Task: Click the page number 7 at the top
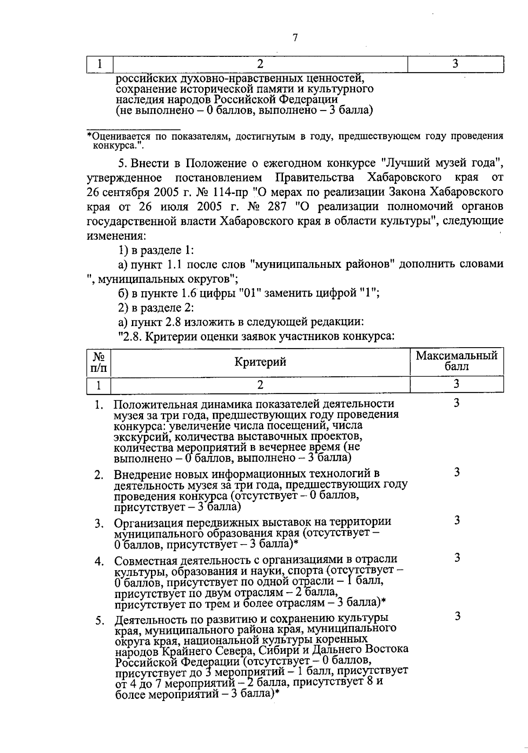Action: click(x=295, y=38)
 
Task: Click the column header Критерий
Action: click(x=260, y=362)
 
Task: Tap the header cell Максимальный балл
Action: click(x=456, y=361)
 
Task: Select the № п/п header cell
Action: click(x=98, y=362)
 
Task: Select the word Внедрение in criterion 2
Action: click(x=141, y=474)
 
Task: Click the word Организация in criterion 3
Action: click(x=148, y=522)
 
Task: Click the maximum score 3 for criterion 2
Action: click(x=457, y=472)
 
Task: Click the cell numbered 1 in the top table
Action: click(x=100, y=64)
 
